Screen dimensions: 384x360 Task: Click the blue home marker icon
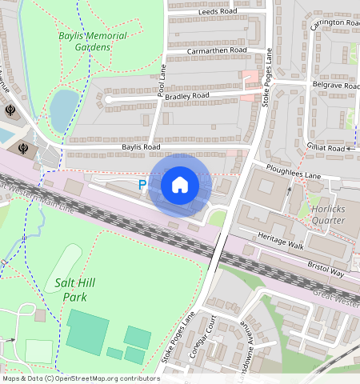[x=180, y=185]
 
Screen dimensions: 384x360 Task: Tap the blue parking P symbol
[x=142, y=185]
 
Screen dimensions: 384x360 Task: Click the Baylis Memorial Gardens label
[x=84, y=42]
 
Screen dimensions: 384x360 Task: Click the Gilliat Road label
[x=326, y=148]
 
